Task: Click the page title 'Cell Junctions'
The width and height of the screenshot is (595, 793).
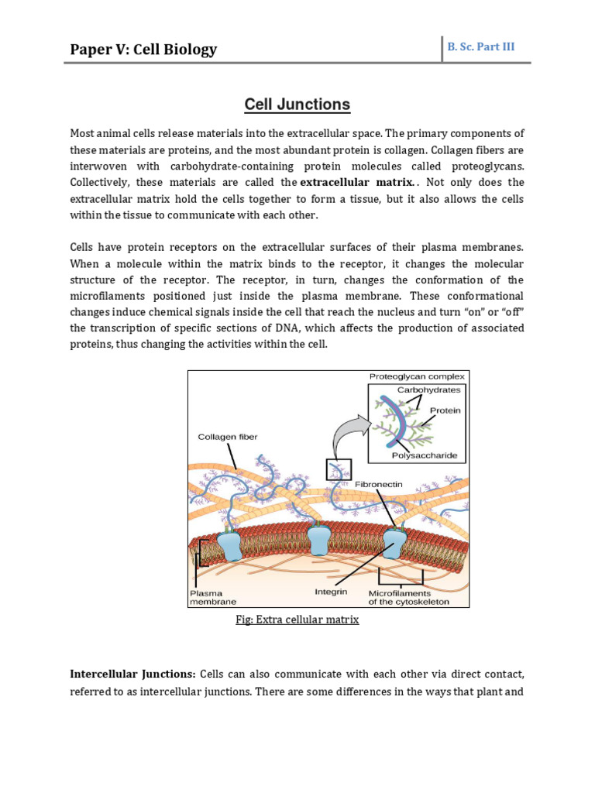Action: point(297,105)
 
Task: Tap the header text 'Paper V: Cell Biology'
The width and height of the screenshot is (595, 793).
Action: point(143,50)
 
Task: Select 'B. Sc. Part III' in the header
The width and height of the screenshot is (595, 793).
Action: point(480,46)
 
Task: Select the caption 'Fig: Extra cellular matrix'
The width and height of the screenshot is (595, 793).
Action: point(297,620)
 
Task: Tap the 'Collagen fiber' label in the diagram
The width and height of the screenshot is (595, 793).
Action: point(227,438)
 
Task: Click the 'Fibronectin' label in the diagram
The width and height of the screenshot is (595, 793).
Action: point(378,484)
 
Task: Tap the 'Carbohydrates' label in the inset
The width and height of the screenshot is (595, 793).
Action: point(428,390)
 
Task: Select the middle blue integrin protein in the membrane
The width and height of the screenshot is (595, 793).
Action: point(319,537)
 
